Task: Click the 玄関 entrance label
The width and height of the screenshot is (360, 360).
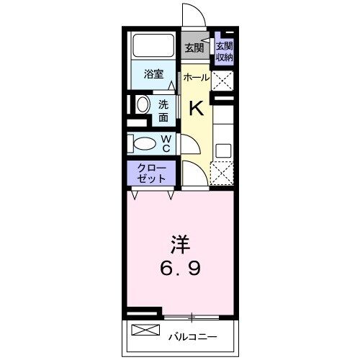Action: [192, 49]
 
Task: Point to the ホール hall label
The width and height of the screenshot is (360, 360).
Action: [195, 78]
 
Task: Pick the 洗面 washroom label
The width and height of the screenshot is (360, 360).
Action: [164, 109]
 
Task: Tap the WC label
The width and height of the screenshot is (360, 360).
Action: [165, 143]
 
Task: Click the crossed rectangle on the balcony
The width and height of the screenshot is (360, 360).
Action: [145, 331]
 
